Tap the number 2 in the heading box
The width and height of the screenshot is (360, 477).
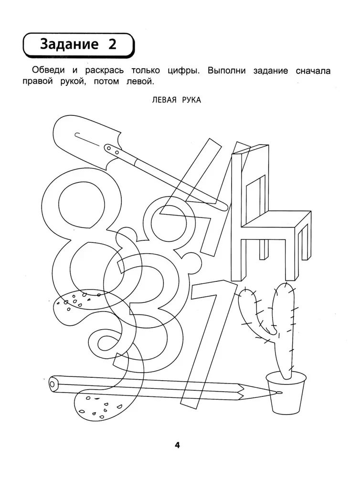coord(112,45)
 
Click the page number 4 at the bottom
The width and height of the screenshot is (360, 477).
coord(177,446)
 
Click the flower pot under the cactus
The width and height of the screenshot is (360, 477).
coord(286,393)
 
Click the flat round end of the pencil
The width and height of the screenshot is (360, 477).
coord(53,383)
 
